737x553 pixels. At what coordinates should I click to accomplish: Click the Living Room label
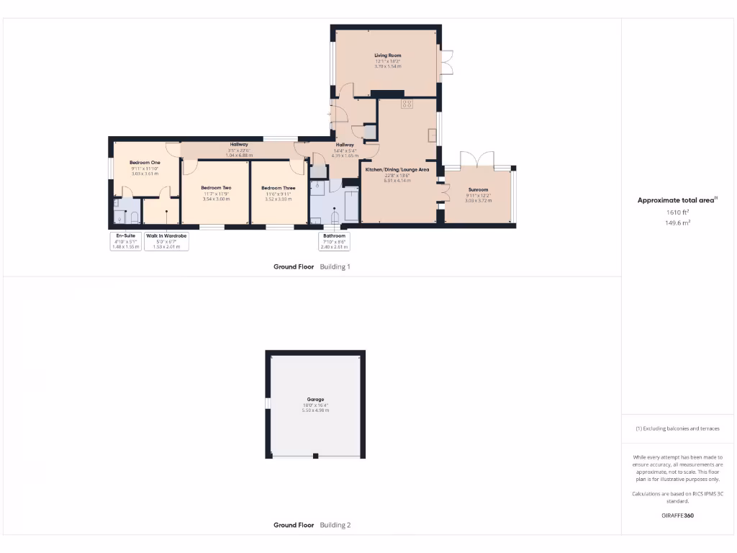(387, 55)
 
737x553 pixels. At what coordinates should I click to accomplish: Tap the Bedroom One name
(145, 163)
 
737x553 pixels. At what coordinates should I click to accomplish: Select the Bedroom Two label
(216, 188)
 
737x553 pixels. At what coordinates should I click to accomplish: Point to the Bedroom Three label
(278, 188)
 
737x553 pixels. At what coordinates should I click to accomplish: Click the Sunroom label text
(478, 190)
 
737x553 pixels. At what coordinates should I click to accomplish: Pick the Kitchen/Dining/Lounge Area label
(397, 170)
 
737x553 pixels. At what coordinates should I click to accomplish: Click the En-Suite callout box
(125, 240)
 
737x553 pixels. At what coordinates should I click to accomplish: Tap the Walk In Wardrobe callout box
(166, 240)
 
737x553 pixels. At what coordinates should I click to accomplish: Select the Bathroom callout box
(334, 240)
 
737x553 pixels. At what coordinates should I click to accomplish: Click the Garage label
(315, 400)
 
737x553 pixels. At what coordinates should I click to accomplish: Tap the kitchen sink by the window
(432, 134)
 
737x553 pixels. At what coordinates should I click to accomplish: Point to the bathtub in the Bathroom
(351, 205)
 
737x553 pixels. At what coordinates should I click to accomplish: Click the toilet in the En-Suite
(134, 217)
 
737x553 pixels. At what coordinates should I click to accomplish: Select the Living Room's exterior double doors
(446, 62)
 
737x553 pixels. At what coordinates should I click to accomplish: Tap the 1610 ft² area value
(677, 212)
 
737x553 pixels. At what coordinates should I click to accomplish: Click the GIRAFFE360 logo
(677, 516)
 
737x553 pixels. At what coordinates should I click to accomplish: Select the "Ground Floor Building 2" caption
(312, 525)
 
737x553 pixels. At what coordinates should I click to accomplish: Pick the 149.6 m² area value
(677, 223)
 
